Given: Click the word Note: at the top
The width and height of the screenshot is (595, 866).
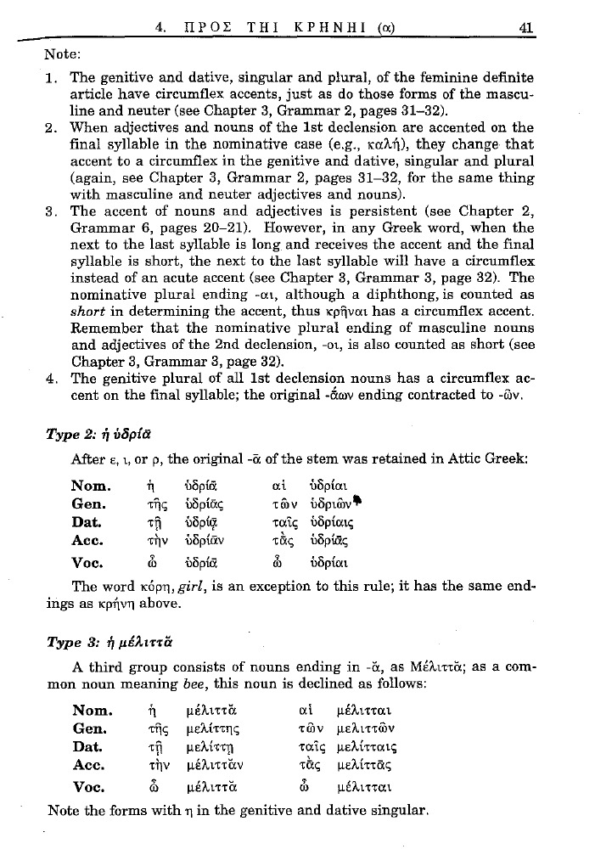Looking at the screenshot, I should tap(62, 53).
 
